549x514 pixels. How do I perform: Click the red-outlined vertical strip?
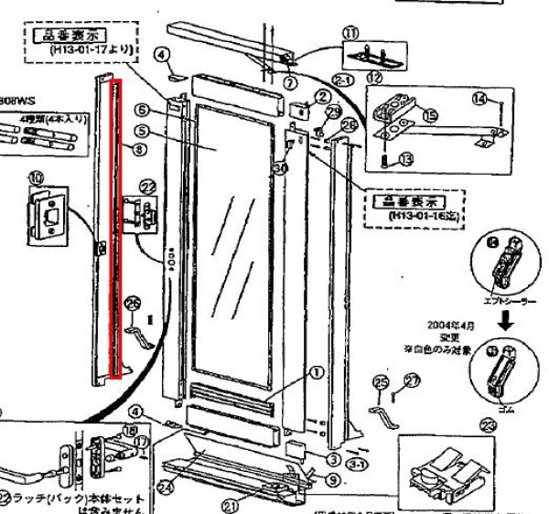click(116, 229)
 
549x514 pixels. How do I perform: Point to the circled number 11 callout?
click(350, 34)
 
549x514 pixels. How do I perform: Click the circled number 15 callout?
click(429, 116)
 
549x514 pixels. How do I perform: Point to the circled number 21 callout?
click(231, 502)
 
